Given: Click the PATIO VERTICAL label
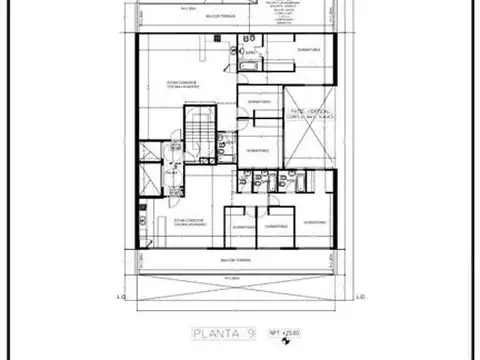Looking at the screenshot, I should point(310,113).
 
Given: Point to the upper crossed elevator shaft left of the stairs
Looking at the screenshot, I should point(151,154).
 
